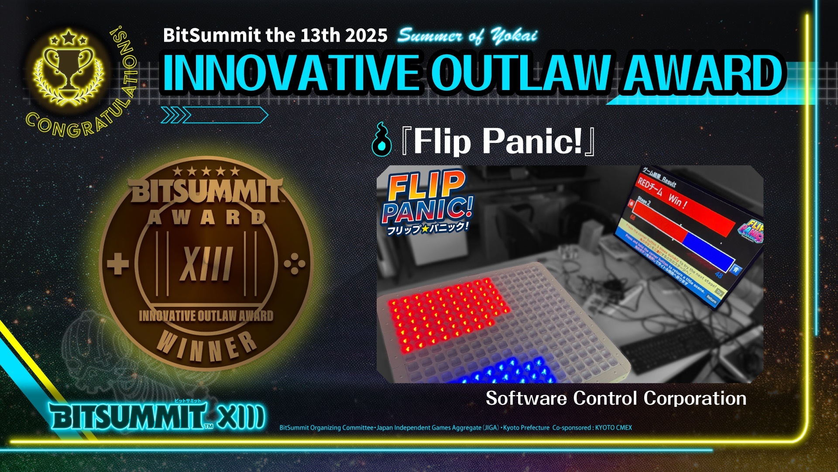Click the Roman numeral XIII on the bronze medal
(206, 264)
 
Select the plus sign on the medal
(118, 264)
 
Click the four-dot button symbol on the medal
(295, 264)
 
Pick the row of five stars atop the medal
(206, 171)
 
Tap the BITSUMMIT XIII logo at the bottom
(157, 416)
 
